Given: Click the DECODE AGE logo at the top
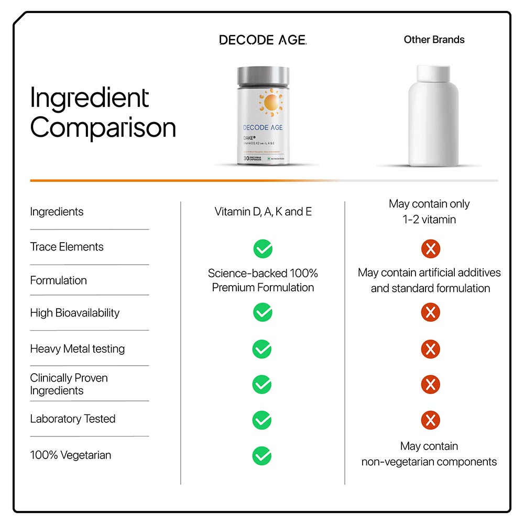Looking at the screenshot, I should [x=263, y=40].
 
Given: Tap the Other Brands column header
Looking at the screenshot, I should [x=434, y=39].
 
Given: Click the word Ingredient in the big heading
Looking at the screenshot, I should [x=90, y=98].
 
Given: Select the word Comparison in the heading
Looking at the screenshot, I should [x=103, y=128].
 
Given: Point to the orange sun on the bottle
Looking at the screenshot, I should [x=271, y=102].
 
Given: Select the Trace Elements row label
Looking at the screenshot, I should [x=67, y=247].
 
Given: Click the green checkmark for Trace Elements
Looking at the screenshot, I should [x=263, y=249].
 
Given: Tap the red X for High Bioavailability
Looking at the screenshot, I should [x=430, y=313].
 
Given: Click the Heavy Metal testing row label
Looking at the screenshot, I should [x=77, y=348].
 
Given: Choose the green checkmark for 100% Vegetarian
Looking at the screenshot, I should [x=262, y=455].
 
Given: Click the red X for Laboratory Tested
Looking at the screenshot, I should [x=430, y=420].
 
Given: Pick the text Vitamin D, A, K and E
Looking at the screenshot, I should [x=263, y=212].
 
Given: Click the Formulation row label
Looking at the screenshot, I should [x=58, y=280].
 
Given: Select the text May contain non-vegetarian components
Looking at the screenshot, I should [x=429, y=454].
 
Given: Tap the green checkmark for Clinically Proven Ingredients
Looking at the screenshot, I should [x=262, y=385].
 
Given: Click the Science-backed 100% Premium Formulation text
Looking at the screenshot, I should [x=263, y=280].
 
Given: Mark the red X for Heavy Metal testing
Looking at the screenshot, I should [x=430, y=349].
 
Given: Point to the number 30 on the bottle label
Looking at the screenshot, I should [x=246, y=158].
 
